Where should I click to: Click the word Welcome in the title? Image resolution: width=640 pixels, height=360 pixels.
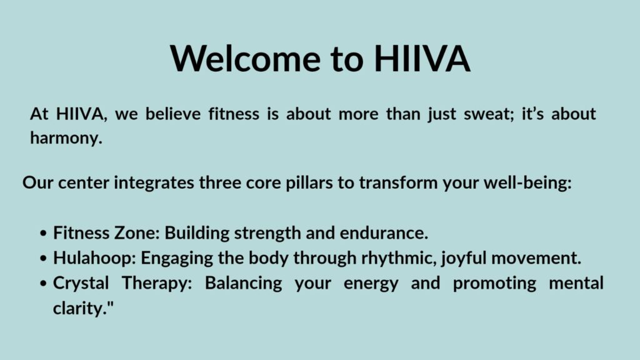pos(245,58)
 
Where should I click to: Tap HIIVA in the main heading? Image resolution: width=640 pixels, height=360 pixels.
pos(422,58)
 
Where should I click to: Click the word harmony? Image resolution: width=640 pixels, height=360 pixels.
pos(66,138)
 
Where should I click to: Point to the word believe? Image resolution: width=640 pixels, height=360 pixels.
pos(173,114)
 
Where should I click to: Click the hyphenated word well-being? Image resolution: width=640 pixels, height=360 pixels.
pos(527,183)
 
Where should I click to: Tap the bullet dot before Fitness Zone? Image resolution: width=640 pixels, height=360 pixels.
pos(44,234)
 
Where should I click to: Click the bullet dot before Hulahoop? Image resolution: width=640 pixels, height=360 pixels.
pos(44,258)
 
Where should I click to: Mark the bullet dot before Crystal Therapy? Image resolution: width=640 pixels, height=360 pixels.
pos(44,283)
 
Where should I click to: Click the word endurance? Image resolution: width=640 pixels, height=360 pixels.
pos(384,233)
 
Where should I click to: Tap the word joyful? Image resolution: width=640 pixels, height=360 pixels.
pos(464,258)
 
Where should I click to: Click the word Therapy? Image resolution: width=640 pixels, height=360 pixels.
pos(157,284)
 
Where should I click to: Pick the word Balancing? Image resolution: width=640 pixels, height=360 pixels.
pos(243,284)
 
